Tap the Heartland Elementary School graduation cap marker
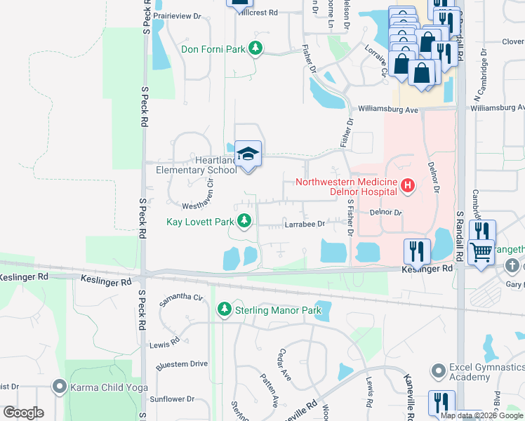click(247, 153)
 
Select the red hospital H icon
click(407, 186)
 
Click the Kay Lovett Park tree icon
click(244, 222)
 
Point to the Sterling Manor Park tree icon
click(225, 309)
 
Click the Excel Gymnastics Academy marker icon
click(439, 369)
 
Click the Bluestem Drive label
click(182, 363)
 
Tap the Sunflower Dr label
click(171, 399)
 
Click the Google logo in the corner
click(23, 412)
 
